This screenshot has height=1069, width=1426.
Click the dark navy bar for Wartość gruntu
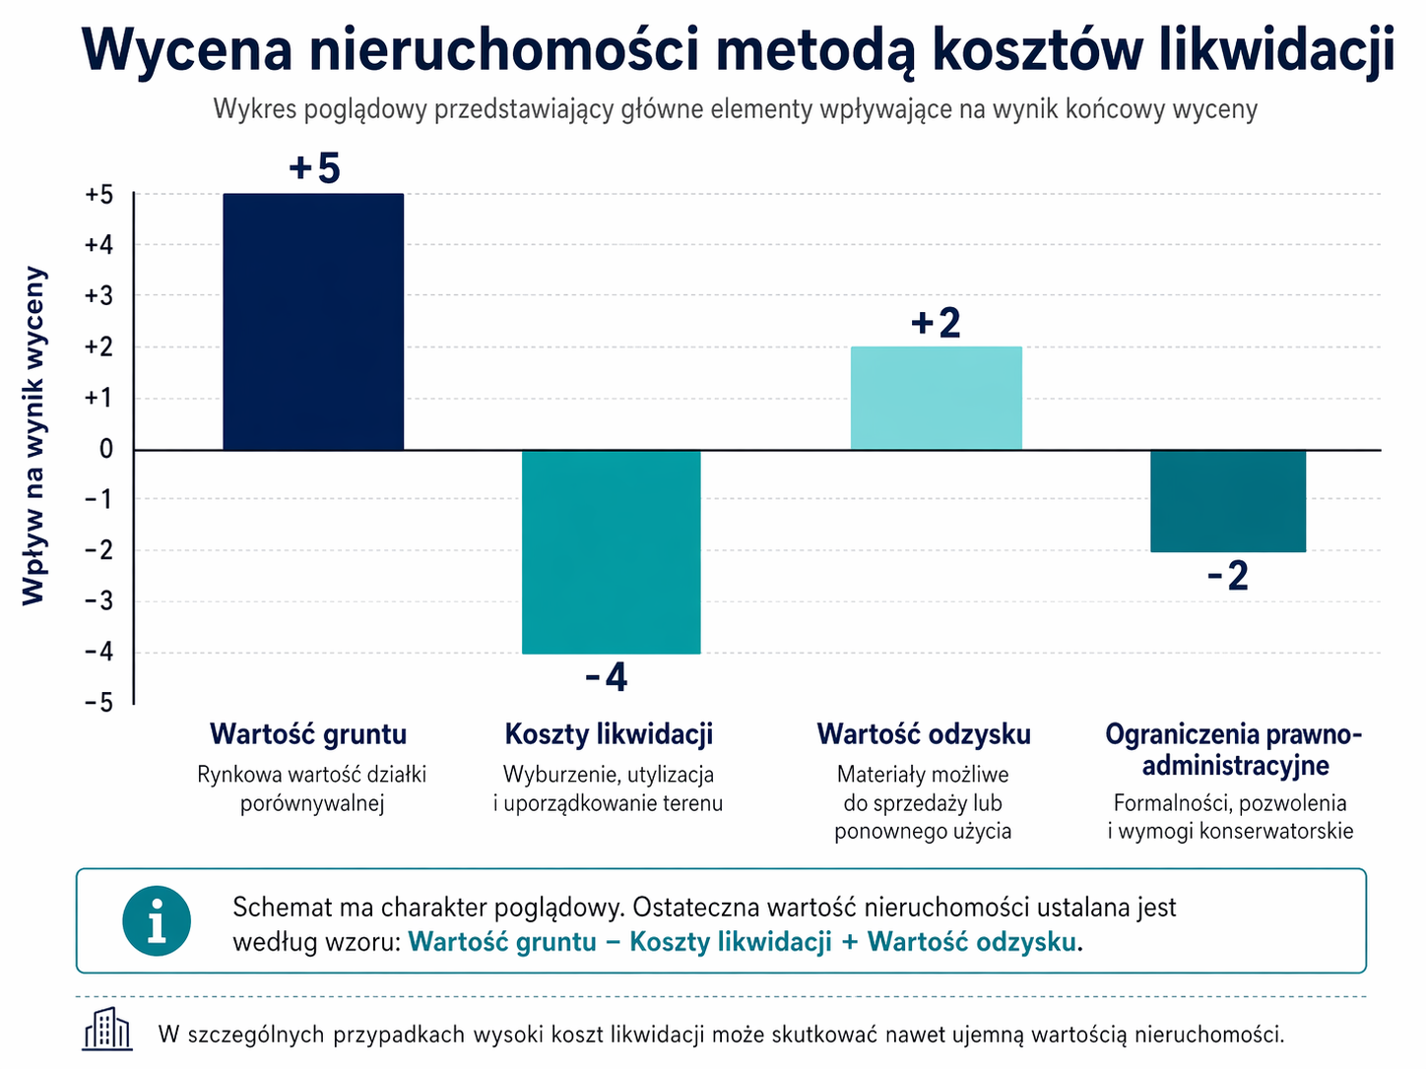click(313, 322)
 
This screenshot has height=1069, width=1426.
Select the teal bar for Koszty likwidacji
click(611, 552)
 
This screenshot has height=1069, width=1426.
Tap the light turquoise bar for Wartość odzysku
click(936, 399)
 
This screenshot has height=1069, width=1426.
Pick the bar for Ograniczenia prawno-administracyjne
click(1228, 501)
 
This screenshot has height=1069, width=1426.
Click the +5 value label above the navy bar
click(314, 168)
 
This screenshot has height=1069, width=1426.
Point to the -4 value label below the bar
click(606, 677)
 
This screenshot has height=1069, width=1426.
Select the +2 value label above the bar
click(936, 323)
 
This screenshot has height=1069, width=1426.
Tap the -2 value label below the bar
click(1228, 576)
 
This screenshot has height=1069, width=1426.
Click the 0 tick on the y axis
click(106, 450)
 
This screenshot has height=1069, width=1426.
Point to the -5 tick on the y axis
click(98, 704)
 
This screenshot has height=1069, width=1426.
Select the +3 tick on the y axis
click(98, 296)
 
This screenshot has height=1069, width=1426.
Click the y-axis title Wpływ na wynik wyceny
click(34, 435)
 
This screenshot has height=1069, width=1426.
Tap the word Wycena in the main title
click(187, 49)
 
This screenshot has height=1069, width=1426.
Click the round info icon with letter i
click(157, 921)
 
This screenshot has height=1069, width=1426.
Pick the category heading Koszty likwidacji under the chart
click(609, 734)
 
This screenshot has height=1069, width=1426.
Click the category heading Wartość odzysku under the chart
click(924, 734)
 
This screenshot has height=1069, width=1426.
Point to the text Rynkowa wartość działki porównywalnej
click(312, 788)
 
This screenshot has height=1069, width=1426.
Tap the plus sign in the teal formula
click(850, 942)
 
